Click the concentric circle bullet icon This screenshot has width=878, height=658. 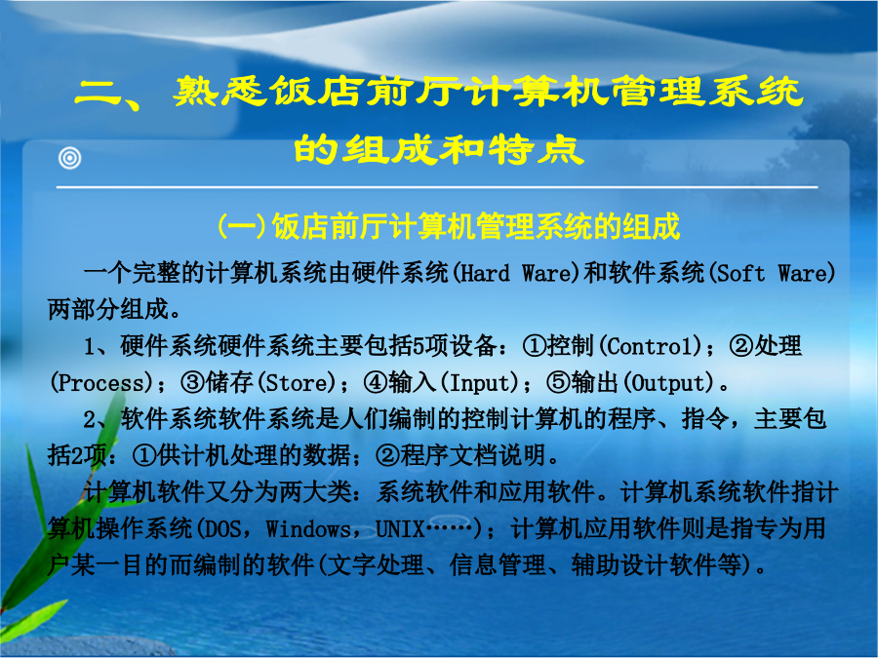[70, 158]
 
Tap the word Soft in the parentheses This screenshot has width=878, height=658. [740, 274]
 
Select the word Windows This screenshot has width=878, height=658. [308, 528]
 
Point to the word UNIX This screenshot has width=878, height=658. [400, 528]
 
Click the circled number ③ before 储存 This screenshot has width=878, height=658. [192, 383]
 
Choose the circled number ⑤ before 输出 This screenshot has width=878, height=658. [558, 383]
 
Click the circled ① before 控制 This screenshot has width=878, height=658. [534, 346]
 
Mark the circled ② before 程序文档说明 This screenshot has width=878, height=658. [387, 456]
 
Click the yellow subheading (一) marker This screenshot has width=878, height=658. [241, 226]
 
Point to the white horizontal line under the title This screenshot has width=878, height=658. [437, 187]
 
